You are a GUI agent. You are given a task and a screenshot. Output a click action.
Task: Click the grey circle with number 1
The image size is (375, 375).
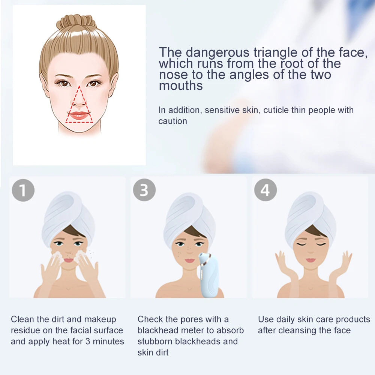[x=23, y=190]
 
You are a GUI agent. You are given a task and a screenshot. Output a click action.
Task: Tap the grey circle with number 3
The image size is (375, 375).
[x=144, y=190]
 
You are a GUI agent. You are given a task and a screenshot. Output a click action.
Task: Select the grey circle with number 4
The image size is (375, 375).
[x=265, y=190]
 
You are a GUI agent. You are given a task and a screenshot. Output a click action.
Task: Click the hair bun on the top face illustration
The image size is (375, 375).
[x=76, y=21]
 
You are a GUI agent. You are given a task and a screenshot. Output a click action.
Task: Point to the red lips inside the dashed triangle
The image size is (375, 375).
[x=79, y=115]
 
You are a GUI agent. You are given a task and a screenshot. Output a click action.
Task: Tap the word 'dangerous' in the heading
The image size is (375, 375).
[x=217, y=52]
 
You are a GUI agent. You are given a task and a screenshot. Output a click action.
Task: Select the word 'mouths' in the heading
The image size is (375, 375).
[x=181, y=85]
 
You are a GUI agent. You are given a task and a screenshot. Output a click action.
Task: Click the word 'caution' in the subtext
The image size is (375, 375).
[x=172, y=121]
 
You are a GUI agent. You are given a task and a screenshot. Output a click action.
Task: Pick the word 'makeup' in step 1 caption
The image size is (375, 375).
[x=100, y=319]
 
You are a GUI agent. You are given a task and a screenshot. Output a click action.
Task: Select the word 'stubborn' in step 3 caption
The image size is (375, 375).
[x=155, y=341]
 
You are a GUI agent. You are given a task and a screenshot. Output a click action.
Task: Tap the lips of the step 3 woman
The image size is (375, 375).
[x=190, y=260]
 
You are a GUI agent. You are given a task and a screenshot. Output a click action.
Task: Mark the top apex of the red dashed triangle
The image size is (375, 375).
[x=79, y=86]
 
